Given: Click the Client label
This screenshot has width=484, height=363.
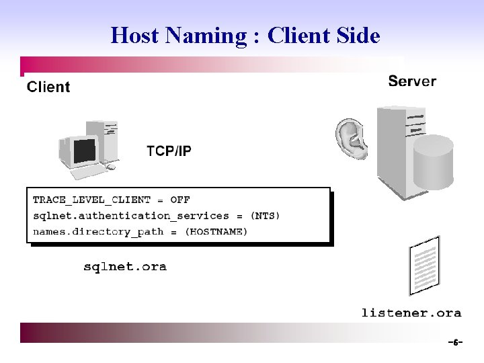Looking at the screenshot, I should click(x=48, y=87).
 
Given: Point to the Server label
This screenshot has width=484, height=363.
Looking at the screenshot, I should click(x=412, y=81).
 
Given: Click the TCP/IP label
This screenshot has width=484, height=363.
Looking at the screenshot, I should click(x=169, y=151).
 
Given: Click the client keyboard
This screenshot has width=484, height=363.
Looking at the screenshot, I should click(x=89, y=172).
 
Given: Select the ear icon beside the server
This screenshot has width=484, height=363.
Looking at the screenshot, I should click(x=352, y=138).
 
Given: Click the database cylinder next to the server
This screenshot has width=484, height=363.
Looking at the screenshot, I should click(x=434, y=163).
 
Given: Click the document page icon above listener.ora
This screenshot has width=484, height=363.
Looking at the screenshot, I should click(x=425, y=266).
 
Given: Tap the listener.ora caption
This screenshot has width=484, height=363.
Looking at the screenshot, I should click(x=411, y=313).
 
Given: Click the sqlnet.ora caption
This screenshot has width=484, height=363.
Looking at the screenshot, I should click(x=125, y=267).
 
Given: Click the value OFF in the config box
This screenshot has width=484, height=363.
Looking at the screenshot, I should click(x=180, y=200).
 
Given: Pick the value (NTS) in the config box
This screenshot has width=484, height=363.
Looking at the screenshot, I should click(x=265, y=216).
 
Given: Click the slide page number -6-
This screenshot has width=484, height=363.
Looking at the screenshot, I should click(x=455, y=343).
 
